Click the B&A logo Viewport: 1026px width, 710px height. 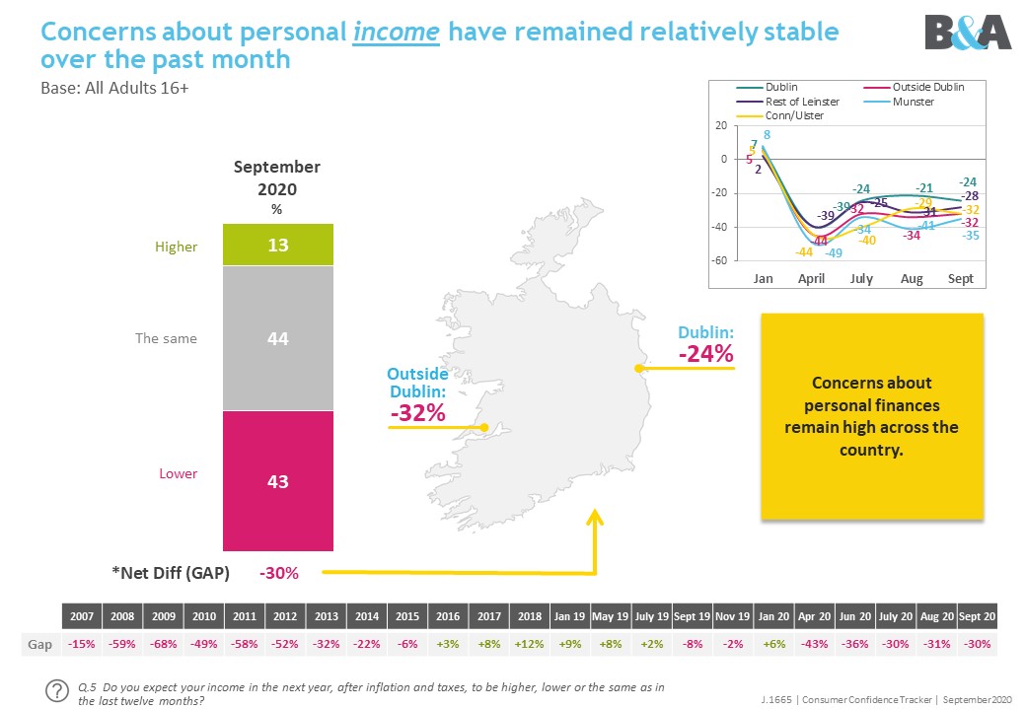pyautogui.click(x=967, y=33)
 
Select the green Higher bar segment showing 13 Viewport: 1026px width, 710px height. pyautogui.click(x=278, y=246)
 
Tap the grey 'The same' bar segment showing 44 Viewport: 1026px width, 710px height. pyautogui.click(x=278, y=338)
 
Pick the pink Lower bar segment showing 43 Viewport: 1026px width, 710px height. pyautogui.click(x=278, y=481)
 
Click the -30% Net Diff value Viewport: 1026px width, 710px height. pyautogui.click(x=278, y=572)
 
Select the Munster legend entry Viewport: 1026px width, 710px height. pyautogui.click(x=912, y=102)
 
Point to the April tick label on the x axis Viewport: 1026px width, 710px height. pyautogui.click(x=811, y=279)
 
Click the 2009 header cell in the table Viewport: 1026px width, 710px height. pyautogui.click(x=163, y=616)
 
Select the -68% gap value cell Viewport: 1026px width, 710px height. pyautogui.click(x=163, y=643)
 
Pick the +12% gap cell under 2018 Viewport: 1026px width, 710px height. pyautogui.click(x=529, y=643)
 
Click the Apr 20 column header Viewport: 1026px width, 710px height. pyautogui.click(x=814, y=616)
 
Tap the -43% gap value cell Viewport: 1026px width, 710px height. pyautogui.click(x=814, y=643)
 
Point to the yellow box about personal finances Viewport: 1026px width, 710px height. pyautogui.click(x=872, y=416)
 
